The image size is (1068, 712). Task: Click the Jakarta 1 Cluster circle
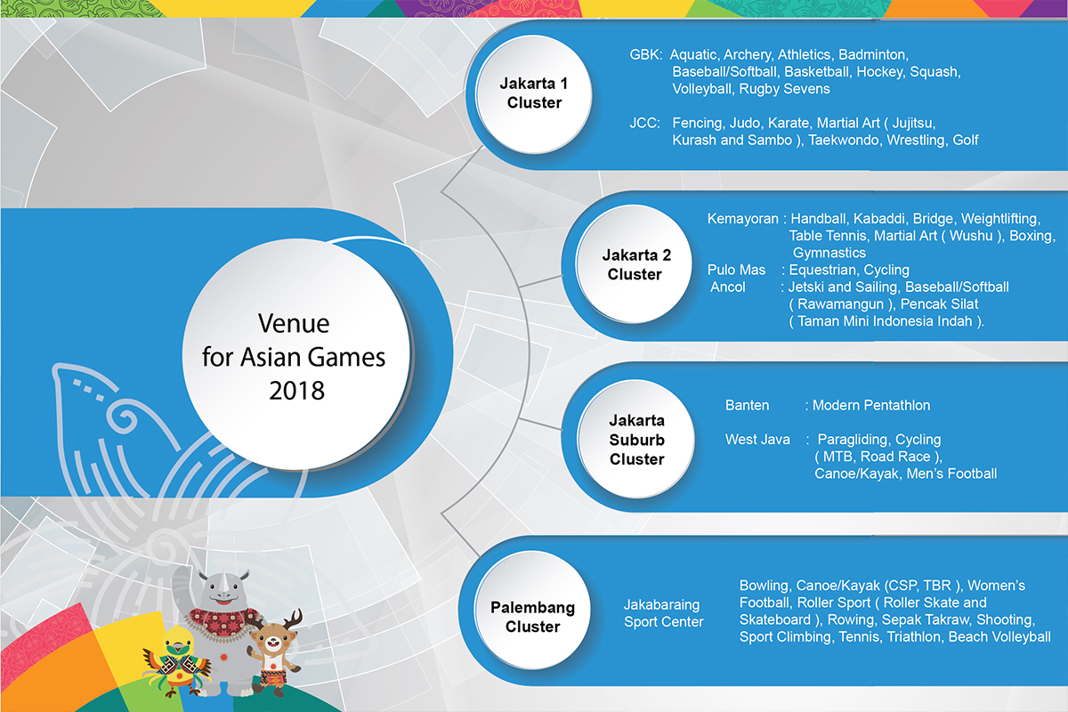point(534,94)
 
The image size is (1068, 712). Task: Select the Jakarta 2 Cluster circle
point(634,263)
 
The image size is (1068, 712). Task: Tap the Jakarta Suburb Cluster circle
point(636,439)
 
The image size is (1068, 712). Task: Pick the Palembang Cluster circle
point(532,610)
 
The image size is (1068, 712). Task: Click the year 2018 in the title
point(296,391)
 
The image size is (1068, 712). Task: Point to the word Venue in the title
point(294,323)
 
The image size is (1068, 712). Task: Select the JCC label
point(644,123)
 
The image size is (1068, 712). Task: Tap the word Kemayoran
point(742,219)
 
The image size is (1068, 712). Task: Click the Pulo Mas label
point(736,270)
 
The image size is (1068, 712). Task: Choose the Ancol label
point(728,287)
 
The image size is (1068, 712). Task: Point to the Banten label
point(747,405)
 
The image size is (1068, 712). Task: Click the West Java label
point(757,440)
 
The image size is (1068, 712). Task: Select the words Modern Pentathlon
point(871,405)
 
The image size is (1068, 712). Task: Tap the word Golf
point(966,141)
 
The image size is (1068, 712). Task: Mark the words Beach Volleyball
point(999,637)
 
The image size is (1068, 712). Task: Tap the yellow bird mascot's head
point(178,642)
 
